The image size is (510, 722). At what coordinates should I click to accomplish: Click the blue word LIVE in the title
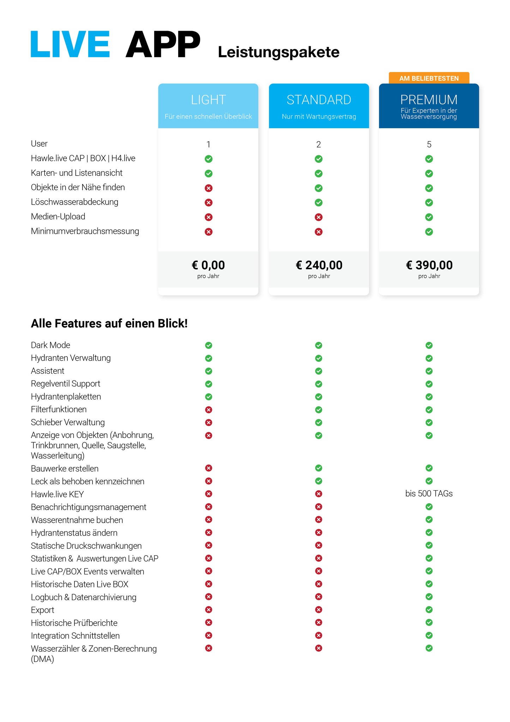70,44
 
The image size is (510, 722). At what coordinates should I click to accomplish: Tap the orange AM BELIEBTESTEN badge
429,78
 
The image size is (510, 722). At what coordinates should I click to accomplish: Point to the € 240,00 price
319,265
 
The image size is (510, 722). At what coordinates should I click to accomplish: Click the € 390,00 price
429,265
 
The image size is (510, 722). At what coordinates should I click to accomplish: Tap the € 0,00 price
208,265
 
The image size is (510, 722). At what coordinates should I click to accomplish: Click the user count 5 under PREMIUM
429,144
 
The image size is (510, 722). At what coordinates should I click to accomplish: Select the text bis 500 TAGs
429,493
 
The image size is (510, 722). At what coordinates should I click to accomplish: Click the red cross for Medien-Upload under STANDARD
319,217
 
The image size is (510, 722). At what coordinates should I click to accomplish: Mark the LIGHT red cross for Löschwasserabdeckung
209,202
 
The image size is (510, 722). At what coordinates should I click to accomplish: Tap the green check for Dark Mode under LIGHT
209,345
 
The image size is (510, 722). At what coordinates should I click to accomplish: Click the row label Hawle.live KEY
57,494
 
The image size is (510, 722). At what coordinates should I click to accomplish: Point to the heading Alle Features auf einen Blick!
109,324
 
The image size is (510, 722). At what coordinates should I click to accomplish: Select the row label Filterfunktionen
59,409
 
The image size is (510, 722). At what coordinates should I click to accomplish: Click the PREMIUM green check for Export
429,610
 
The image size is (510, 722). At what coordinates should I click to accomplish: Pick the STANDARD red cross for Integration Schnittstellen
319,635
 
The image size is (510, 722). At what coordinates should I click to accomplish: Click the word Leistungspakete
278,52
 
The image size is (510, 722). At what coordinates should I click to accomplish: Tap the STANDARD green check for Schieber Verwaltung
319,422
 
